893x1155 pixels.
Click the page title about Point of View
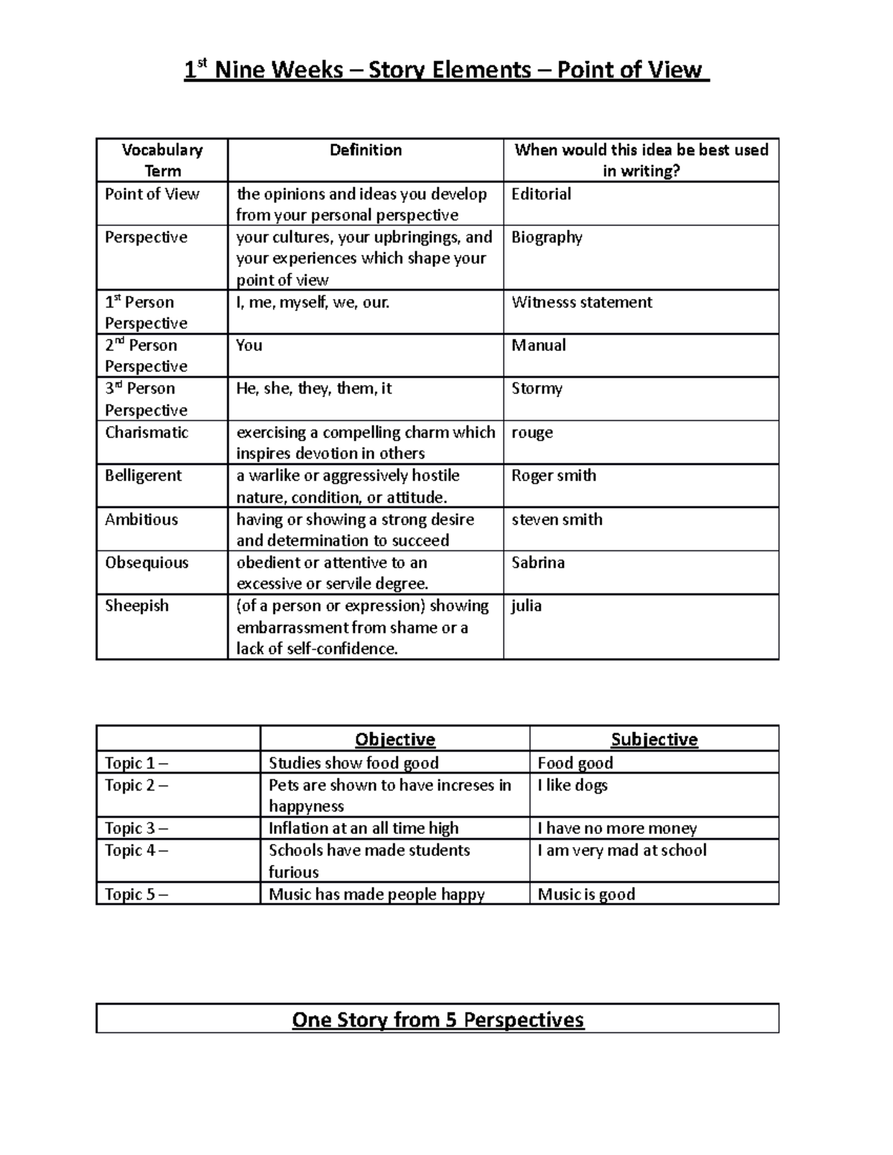click(x=446, y=70)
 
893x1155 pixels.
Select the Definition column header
click(x=365, y=150)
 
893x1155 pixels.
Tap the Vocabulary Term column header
click(x=162, y=160)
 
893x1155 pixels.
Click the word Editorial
click(x=541, y=194)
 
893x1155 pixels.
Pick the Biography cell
click(x=546, y=237)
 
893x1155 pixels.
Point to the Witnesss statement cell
click(x=581, y=302)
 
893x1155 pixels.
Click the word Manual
click(x=538, y=345)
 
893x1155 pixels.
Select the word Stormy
click(x=537, y=388)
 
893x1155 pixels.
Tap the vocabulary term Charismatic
click(x=147, y=432)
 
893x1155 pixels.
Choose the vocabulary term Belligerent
click(x=143, y=475)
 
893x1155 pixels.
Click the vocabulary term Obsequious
click(x=147, y=562)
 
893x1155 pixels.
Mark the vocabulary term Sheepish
click(x=137, y=605)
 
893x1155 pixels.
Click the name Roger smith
click(x=554, y=475)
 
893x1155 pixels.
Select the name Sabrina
click(x=538, y=562)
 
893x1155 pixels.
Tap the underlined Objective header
click(x=395, y=739)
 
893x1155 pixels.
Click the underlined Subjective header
click(x=654, y=739)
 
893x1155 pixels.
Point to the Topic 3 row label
click(x=136, y=828)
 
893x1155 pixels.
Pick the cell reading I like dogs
click(x=572, y=785)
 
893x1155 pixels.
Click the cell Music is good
click(x=586, y=894)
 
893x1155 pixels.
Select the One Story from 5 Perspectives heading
click(x=438, y=1019)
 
